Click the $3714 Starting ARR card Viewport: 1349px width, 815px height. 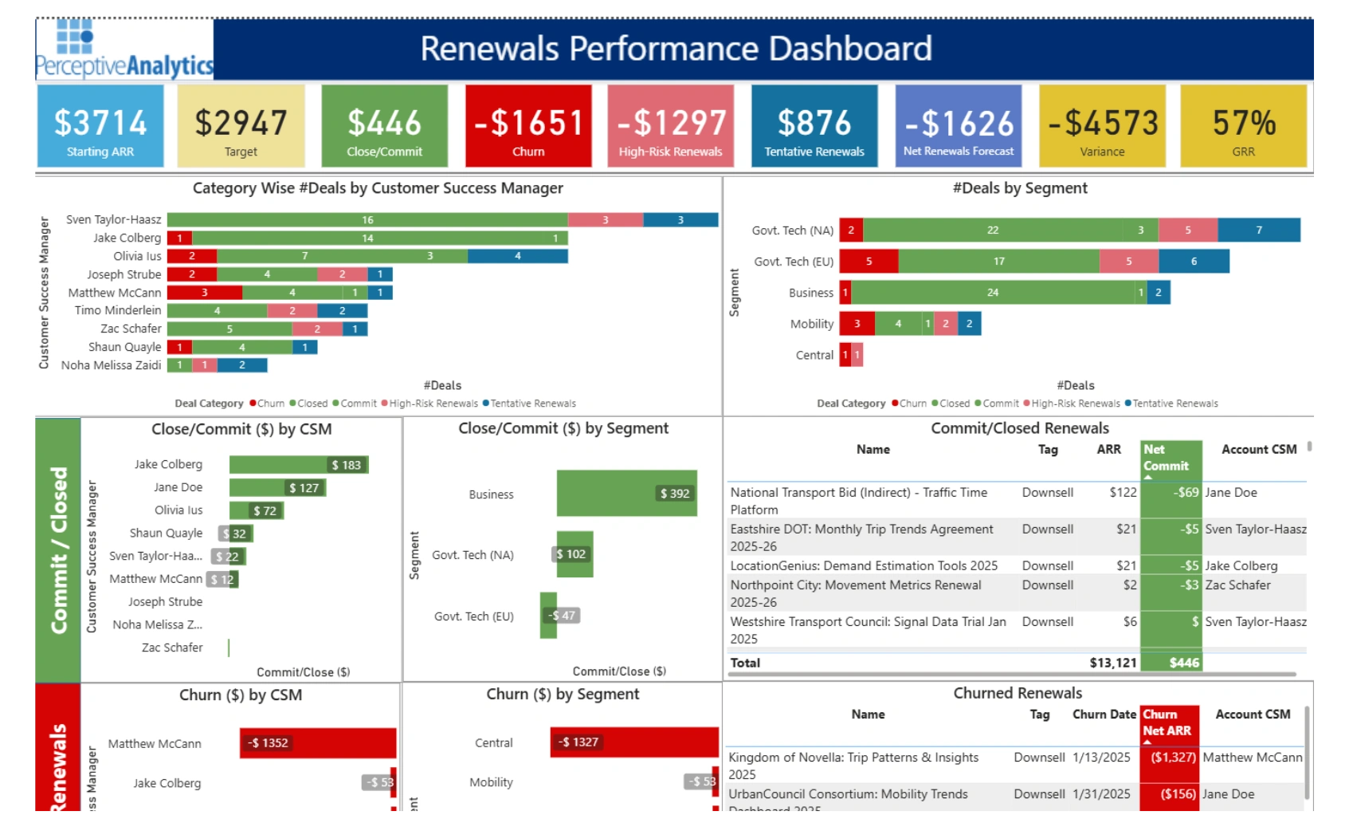pyautogui.click(x=100, y=126)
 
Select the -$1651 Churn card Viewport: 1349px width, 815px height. pyautogui.click(x=528, y=126)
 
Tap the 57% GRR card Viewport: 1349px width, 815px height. pyautogui.click(x=1243, y=126)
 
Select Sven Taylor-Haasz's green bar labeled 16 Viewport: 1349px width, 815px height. pyautogui.click(x=367, y=220)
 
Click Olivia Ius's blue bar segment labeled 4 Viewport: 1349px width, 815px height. pyautogui.click(x=518, y=256)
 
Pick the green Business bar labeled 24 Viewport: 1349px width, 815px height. pyautogui.click(x=993, y=293)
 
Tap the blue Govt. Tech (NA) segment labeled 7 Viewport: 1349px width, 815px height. pyautogui.click(x=1259, y=230)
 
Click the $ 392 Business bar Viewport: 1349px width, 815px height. pyautogui.click(x=626, y=494)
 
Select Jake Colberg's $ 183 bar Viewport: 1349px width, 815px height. pyautogui.click(x=298, y=465)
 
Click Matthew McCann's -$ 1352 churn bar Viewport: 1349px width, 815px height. pyautogui.click(x=317, y=743)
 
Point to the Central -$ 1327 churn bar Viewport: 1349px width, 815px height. pyautogui.click(x=633, y=742)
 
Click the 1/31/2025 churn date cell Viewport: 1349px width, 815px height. pyautogui.click(x=1101, y=794)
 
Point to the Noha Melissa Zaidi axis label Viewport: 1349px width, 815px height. pyautogui.click(x=111, y=365)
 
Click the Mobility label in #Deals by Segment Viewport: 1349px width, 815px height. pyautogui.click(x=811, y=324)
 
